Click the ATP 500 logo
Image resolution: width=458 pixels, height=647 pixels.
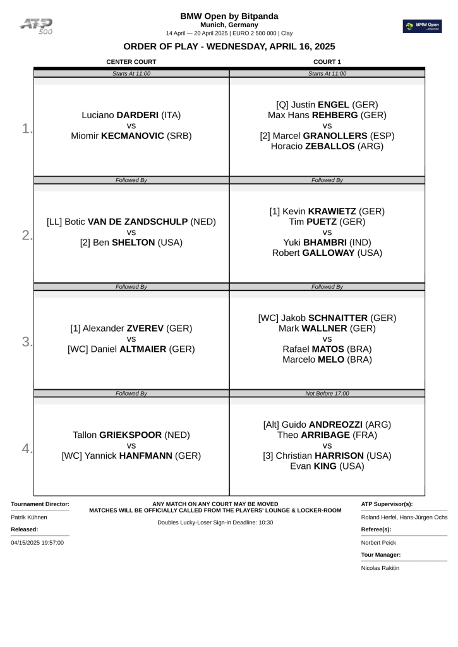coord(37,26)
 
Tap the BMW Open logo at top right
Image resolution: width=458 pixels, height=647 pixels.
coord(423,26)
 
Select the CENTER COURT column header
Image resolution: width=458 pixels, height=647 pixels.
coord(131,62)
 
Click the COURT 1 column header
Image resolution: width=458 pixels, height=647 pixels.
coord(327,62)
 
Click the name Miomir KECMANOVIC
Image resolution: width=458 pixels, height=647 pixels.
coord(131,135)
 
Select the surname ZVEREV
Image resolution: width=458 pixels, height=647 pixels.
coord(146,329)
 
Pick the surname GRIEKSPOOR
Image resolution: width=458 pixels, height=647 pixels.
coord(131,435)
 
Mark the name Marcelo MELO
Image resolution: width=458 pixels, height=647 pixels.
coord(327,360)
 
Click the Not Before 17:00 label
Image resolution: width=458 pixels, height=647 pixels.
coord(327,394)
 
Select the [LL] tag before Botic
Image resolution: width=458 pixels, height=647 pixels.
coord(54,222)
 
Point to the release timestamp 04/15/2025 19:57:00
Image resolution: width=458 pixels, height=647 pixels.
coord(37,542)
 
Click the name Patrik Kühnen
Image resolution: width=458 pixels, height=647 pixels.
coord(29,517)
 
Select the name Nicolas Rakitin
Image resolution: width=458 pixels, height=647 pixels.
coord(380,567)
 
